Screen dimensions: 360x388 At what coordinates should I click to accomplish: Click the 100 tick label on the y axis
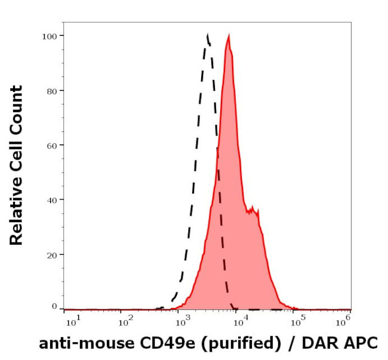point(50,36)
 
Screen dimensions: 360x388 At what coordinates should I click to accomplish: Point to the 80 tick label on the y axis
point(52,91)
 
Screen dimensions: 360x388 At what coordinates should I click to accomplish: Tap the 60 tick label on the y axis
point(52,145)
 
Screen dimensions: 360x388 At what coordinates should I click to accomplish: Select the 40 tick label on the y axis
point(52,200)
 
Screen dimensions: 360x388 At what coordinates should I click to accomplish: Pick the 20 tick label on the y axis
point(52,255)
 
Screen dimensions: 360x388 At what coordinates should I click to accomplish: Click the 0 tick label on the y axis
point(54,306)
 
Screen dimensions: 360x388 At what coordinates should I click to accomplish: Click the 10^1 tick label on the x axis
point(70,323)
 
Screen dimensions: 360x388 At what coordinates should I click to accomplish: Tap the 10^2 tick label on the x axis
point(125,323)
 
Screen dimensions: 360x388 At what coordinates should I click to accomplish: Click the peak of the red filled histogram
point(228,36)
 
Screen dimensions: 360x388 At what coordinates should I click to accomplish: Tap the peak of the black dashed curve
point(207,35)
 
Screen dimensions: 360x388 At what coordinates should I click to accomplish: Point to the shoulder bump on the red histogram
point(253,210)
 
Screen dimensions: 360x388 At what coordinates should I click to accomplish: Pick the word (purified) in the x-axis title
point(239,344)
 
